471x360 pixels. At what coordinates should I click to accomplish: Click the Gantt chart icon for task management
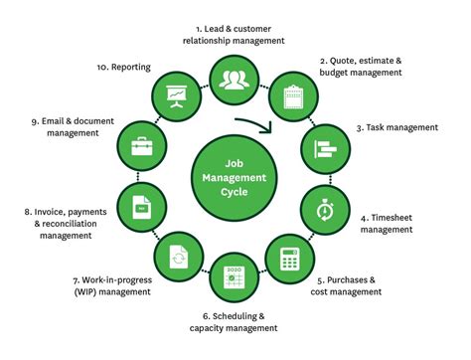(326, 148)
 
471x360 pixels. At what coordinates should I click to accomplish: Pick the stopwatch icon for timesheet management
(326, 210)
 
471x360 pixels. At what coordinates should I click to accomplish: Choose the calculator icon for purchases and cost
(290, 258)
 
